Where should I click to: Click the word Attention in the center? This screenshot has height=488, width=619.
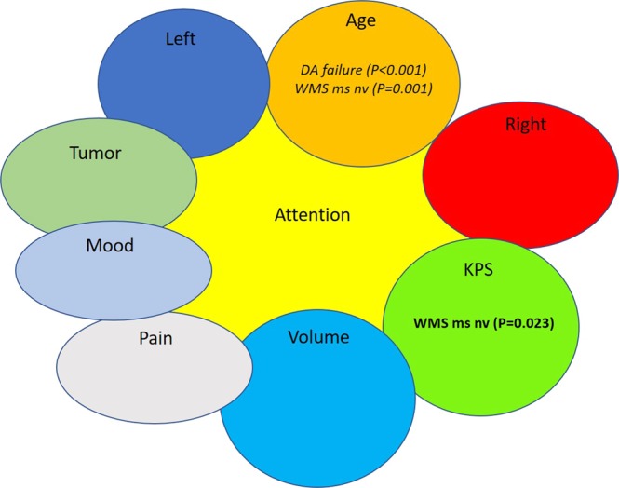312,215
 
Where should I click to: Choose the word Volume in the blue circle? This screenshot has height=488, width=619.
318,337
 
